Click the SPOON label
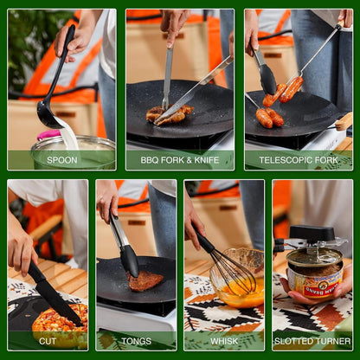pos(61,160)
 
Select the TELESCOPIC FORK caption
pos(299,160)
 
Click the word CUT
pos(47,341)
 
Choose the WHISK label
pos(223,341)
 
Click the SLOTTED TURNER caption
pos(312,341)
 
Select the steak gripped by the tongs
pos(145,280)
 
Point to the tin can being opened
pos(313,277)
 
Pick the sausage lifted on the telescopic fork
pos(291,88)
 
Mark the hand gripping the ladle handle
pos(74,39)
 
